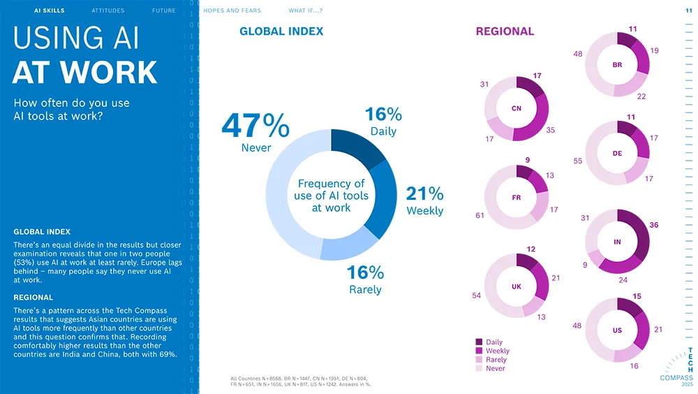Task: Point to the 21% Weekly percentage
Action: click(x=424, y=194)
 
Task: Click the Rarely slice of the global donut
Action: click(x=349, y=245)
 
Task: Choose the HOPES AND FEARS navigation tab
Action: click(x=232, y=11)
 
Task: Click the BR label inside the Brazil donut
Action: click(x=617, y=65)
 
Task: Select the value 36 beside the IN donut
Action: click(x=653, y=225)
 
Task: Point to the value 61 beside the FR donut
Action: click(x=480, y=216)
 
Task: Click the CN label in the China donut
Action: click(x=517, y=108)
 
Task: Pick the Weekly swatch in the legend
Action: click(x=480, y=351)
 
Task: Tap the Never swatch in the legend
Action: click(x=480, y=368)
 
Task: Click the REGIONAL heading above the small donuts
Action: click(x=505, y=31)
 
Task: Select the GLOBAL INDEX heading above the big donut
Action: click(x=281, y=31)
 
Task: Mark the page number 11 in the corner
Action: click(x=689, y=11)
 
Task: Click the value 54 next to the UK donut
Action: click(x=476, y=295)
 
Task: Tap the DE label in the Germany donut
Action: click(x=617, y=154)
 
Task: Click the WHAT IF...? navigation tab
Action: click(x=306, y=11)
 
